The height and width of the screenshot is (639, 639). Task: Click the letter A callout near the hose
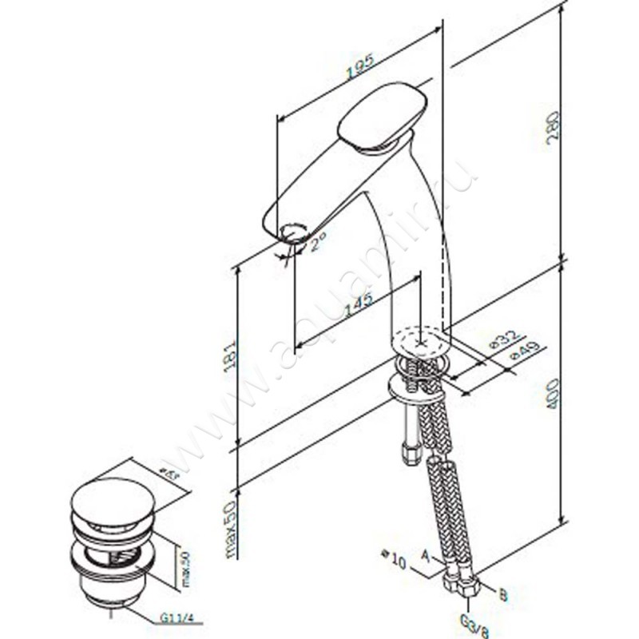[x=426, y=552]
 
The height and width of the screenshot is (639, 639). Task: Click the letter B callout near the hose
[x=502, y=594]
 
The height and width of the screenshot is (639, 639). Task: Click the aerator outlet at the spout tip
[x=293, y=234]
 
